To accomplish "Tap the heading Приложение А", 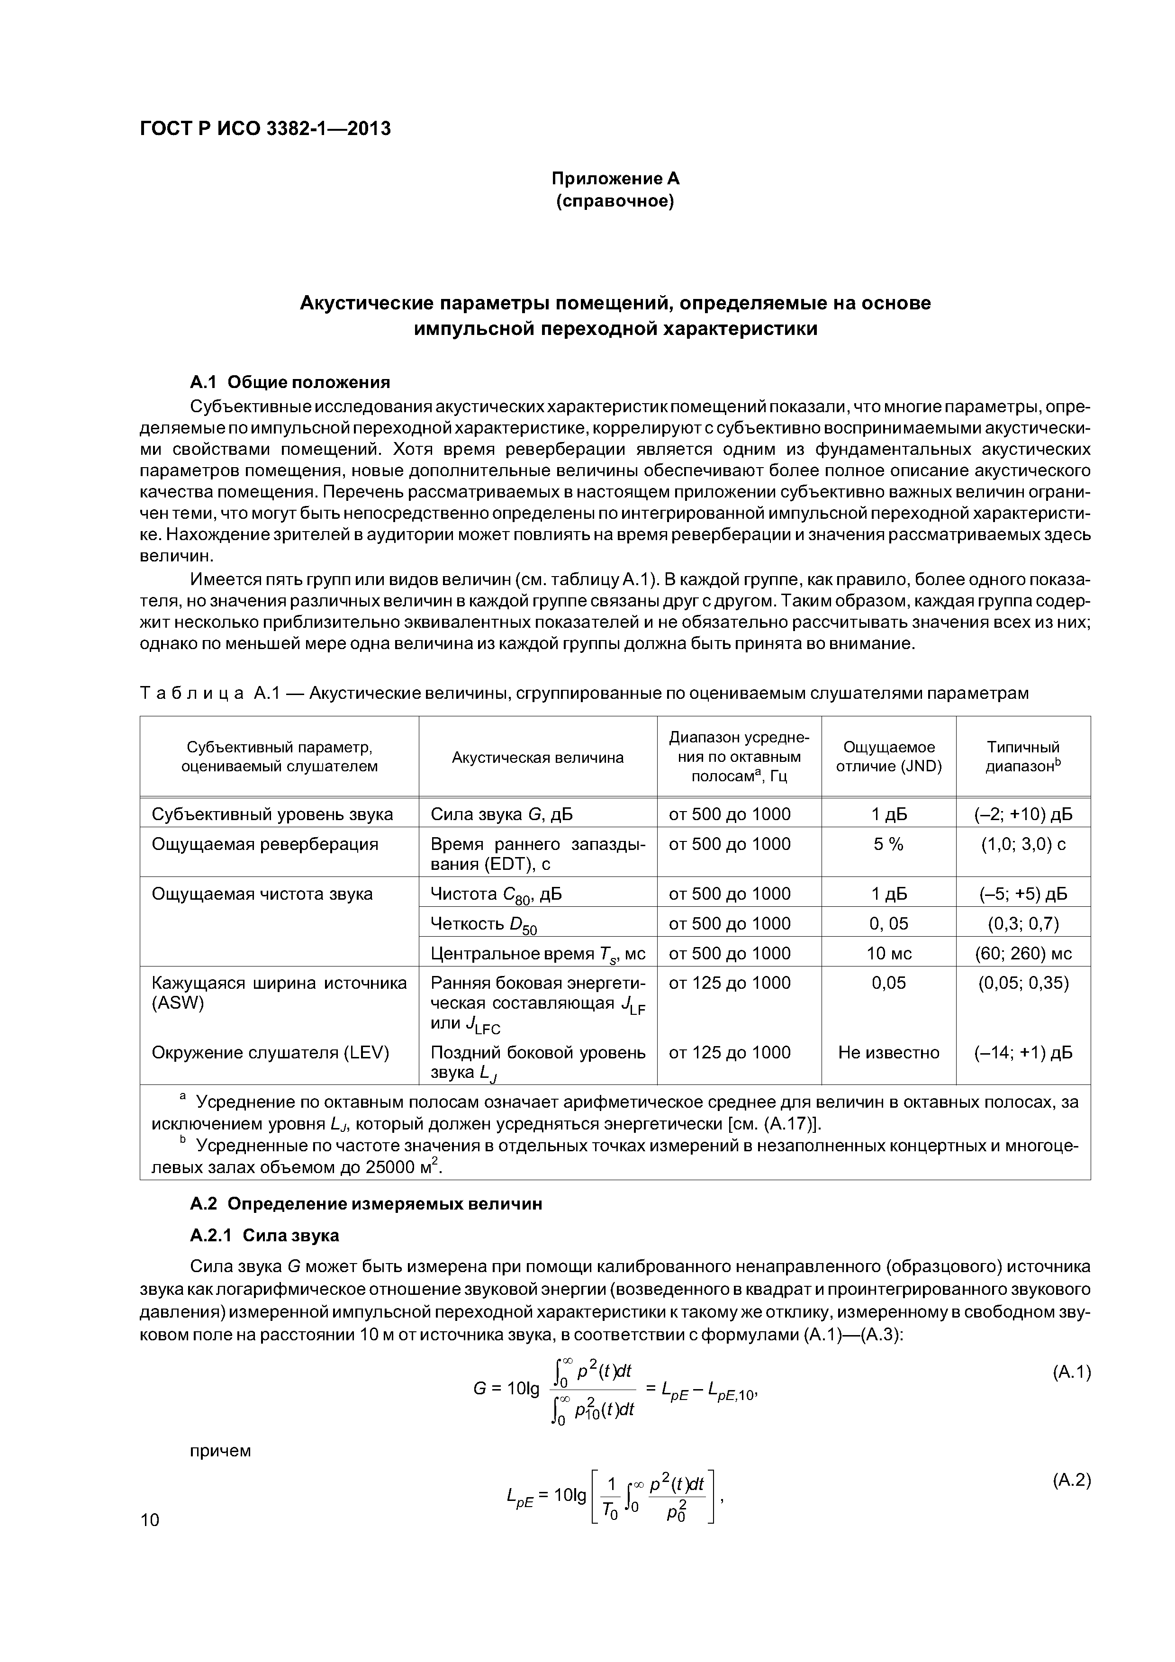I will pos(615,178).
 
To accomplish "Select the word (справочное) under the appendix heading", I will pos(615,200).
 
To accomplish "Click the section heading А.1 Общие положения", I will pos(289,381).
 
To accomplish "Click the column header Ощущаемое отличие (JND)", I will pos(888,757).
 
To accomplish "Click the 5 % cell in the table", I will pos(888,844).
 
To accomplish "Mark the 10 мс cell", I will pos(888,953).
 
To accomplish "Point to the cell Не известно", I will pos(888,1053).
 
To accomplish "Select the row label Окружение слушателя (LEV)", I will pos(270,1053).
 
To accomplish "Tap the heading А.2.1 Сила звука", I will pos(264,1235).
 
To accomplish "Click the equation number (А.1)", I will pos(1071,1372).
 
